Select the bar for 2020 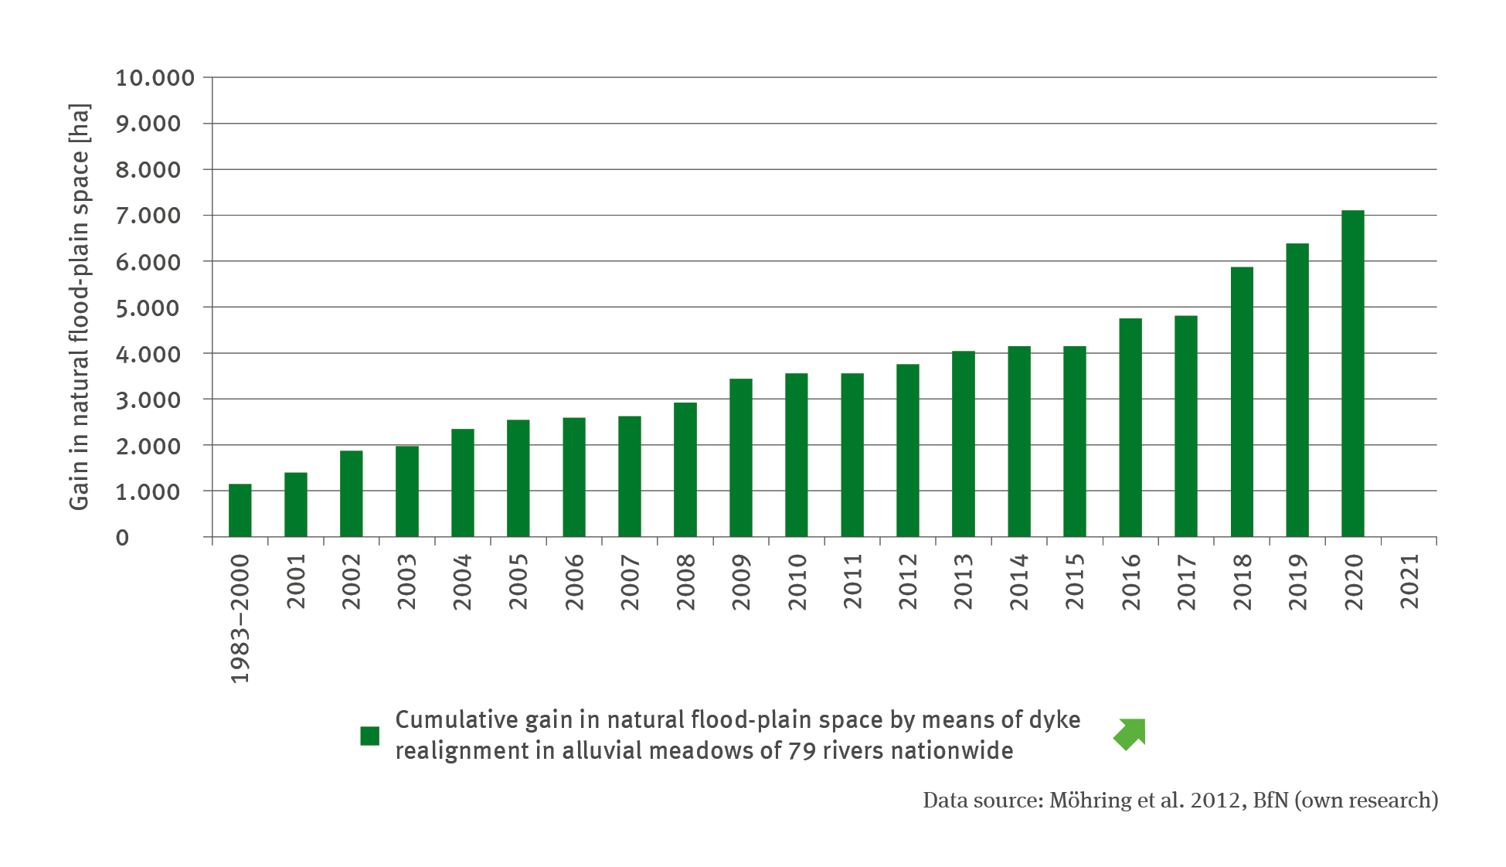[1352, 374]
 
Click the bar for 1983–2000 [240, 511]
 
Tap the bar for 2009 [740, 458]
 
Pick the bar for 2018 [1241, 402]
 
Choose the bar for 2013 [963, 444]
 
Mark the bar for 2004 [462, 483]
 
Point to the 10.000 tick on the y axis [155, 78]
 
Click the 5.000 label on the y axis [148, 308]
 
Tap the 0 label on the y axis [122, 538]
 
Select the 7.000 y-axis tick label [148, 216]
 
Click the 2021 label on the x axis [1409, 581]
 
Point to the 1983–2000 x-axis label [240, 618]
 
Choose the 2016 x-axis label [1131, 581]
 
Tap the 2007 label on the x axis [631, 581]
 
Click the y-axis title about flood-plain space [79, 307]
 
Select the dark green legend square [369, 736]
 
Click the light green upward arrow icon [1130, 734]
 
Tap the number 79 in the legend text [803, 751]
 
